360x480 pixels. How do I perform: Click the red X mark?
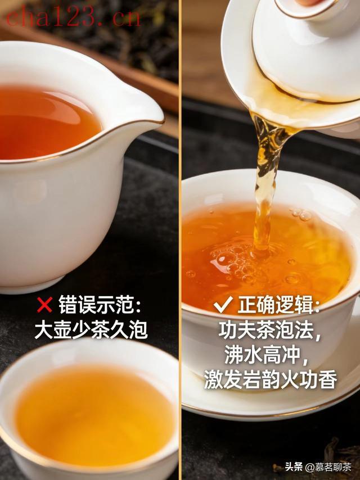click(x=45, y=304)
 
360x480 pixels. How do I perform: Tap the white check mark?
click(x=222, y=305)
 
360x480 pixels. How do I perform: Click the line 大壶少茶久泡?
click(x=91, y=330)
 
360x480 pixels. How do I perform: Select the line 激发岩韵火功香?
click(x=271, y=379)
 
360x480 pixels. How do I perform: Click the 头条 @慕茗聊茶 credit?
click(x=318, y=467)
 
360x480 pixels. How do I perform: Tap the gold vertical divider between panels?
click(x=180, y=240)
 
